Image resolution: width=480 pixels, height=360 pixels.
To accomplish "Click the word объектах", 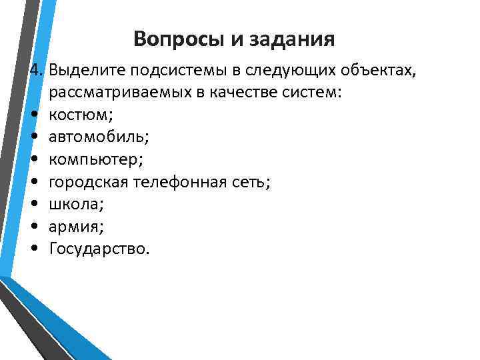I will coord(379,69).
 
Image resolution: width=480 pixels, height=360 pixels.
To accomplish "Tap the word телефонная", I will coord(178,181).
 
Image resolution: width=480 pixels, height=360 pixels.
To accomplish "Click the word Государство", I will coord(100,249).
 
